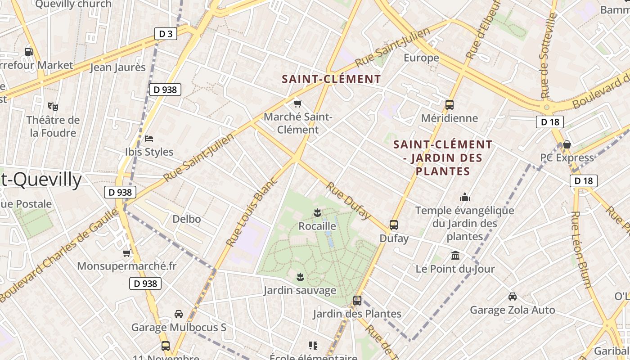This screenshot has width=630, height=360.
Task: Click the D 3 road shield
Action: pyautogui.click(x=166, y=33)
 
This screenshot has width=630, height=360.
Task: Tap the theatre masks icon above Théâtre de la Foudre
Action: pyautogui.click(x=53, y=107)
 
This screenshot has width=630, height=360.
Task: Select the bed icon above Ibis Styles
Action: pyautogui.click(x=149, y=138)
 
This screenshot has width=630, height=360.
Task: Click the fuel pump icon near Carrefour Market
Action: pyautogui.click(x=29, y=52)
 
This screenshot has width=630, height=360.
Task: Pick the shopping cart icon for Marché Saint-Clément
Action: pyautogui.click(x=297, y=104)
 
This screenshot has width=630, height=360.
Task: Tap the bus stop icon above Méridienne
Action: pyautogui.click(x=449, y=105)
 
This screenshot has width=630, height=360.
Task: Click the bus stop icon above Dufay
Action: pyautogui.click(x=394, y=225)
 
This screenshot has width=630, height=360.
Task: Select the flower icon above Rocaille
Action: pyautogui.click(x=317, y=212)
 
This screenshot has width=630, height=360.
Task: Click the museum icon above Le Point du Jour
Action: pyautogui.click(x=455, y=256)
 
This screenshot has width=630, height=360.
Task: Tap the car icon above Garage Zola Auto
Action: pyautogui.click(x=512, y=297)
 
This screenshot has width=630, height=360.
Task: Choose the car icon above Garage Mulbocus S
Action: pyautogui.click(x=179, y=314)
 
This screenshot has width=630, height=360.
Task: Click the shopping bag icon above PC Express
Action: pyautogui.click(x=567, y=144)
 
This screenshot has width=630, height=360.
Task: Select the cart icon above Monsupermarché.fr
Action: pyautogui.click(x=127, y=253)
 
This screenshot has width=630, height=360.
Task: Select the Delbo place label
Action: pyautogui.click(x=187, y=219)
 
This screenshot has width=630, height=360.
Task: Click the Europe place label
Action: pyautogui.click(x=421, y=58)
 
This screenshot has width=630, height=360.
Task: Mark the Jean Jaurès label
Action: pyautogui.click(x=118, y=67)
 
